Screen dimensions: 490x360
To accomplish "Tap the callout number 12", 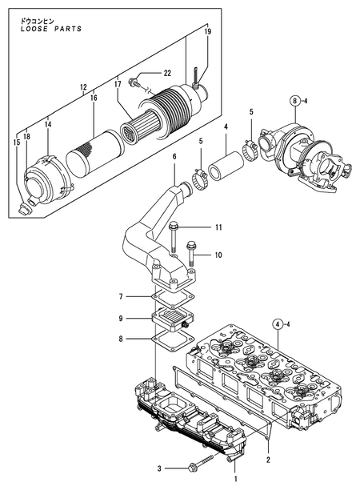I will pyautogui.click(x=84, y=87).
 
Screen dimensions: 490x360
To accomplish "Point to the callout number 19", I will pyautogui.click(x=208, y=32).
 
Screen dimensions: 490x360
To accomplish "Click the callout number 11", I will pyautogui.click(x=216, y=228).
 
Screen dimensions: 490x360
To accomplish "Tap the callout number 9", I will pyautogui.click(x=120, y=318).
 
